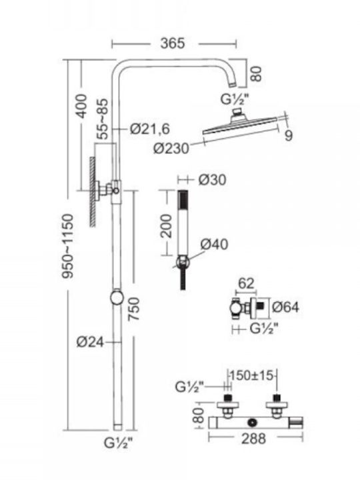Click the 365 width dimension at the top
point(173,43)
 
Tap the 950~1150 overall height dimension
point(68,246)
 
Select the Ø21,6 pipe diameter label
point(150,129)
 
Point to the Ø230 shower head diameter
point(171,149)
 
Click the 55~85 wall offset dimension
point(103,119)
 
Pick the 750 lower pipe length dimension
point(133,309)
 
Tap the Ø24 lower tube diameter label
point(90,342)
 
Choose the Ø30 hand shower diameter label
point(213,180)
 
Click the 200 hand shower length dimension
point(167,226)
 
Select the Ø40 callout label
point(215,244)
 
